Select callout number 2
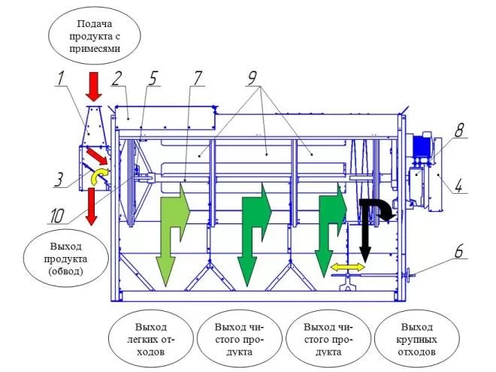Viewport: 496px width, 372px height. [x=116, y=77]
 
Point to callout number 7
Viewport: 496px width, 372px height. [x=198, y=77]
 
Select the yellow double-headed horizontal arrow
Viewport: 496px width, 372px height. [x=348, y=267]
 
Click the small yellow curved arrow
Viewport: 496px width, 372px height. [x=98, y=176]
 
